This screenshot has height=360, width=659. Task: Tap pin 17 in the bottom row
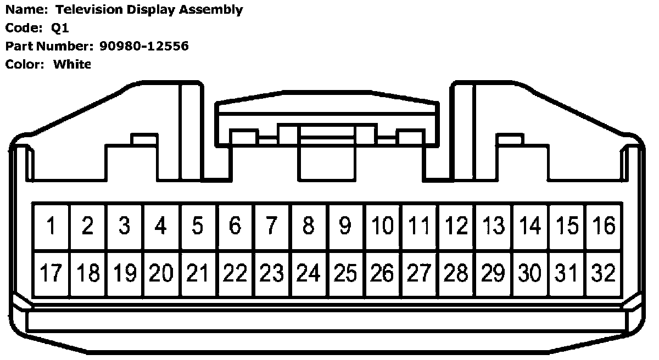[51, 273]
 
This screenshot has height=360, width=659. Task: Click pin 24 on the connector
[309, 273]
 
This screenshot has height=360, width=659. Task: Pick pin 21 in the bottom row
[198, 273]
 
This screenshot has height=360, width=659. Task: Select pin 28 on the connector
[456, 273]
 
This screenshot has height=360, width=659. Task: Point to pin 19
[125, 273]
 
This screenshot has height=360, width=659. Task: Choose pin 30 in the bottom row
[529, 273]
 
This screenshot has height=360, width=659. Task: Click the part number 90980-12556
[144, 46]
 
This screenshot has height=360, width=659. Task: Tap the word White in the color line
[72, 64]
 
